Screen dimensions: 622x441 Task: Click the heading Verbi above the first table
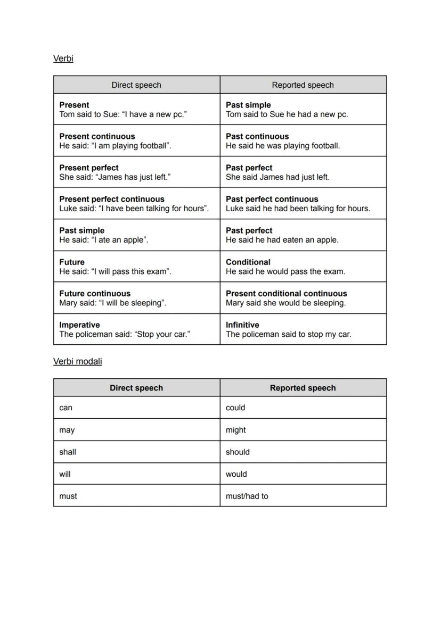(x=63, y=59)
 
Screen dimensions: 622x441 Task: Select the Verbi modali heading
(x=77, y=361)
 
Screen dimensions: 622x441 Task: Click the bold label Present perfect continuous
(x=112, y=199)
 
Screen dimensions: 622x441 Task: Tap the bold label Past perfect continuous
(x=272, y=199)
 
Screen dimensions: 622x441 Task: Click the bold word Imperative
(x=79, y=325)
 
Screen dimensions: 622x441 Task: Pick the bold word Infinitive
(x=242, y=325)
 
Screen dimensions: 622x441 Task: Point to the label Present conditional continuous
(x=286, y=294)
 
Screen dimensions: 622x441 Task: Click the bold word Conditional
(x=248, y=262)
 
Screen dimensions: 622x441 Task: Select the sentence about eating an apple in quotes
(x=104, y=240)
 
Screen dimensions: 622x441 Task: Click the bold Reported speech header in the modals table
(x=303, y=388)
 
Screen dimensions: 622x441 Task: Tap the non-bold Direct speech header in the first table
(x=136, y=85)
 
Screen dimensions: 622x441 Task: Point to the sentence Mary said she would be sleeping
(x=285, y=303)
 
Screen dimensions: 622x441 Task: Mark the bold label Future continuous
(x=95, y=294)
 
